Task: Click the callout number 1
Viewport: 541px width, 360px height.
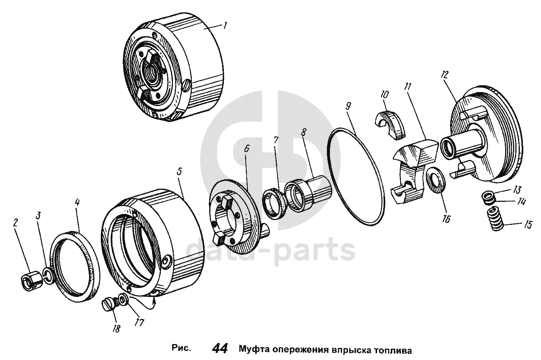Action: click(x=225, y=25)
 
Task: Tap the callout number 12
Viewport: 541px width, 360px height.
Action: click(x=444, y=75)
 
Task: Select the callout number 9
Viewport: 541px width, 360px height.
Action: click(x=348, y=107)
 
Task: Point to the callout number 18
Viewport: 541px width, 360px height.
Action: click(x=116, y=328)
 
